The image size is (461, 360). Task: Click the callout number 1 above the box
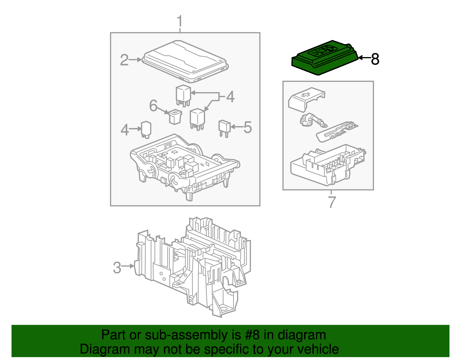pyautogui.click(x=180, y=22)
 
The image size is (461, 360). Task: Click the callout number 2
pyautogui.click(x=124, y=60)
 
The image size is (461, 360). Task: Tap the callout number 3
pyautogui.click(x=117, y=267)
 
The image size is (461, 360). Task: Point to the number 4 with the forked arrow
pyautogui.click(x=230, y=97)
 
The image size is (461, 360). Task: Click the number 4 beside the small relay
pyautogui.click(x=124, y=130)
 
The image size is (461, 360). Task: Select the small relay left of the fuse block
pyautogui.click(x=146, y=129)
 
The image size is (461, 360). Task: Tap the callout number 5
pyautogui.click(x=247, y=127)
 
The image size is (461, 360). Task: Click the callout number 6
pyautogui.click(x=153, y=105)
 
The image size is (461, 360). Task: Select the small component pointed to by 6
pyautogui.click(x=175, y=116)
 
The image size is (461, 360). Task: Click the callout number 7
pyautogui.click(x=332, y=202)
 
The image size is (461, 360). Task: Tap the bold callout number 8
pyautogui.click(x=375, y=59)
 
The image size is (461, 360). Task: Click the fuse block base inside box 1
pyautogui.click(x=184, y=164)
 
